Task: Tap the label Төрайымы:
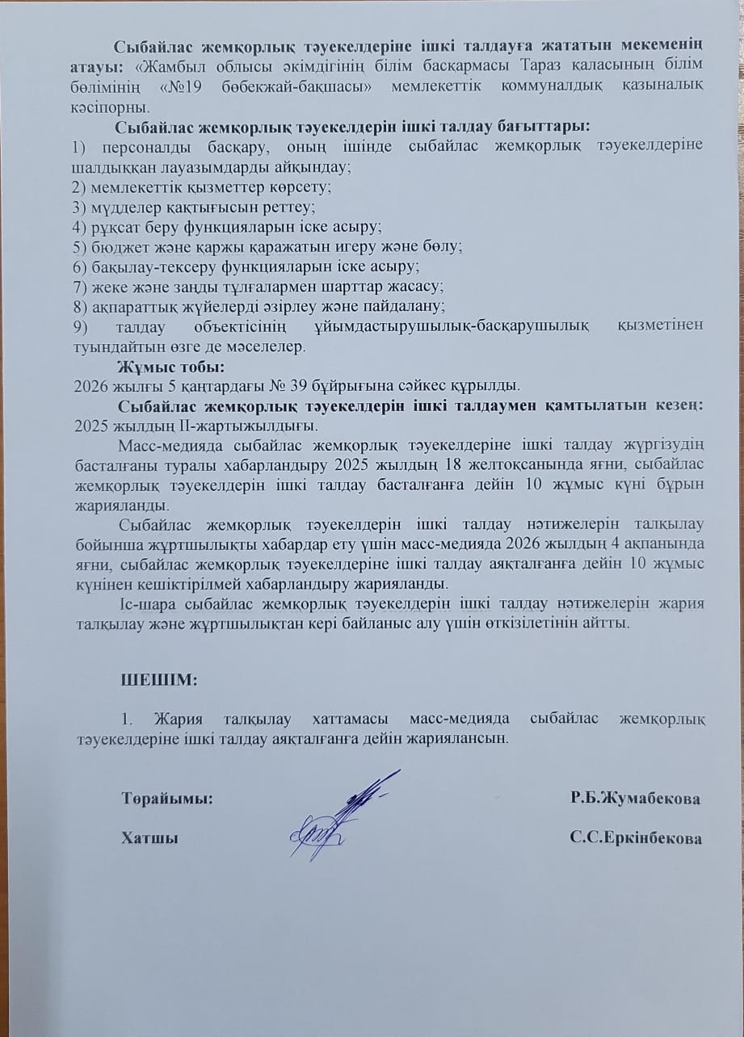tap(167, 798)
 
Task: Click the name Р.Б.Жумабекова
tap(635, 798)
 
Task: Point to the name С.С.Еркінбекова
tap(635, 838)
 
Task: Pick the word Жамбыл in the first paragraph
tap(177, 65)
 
